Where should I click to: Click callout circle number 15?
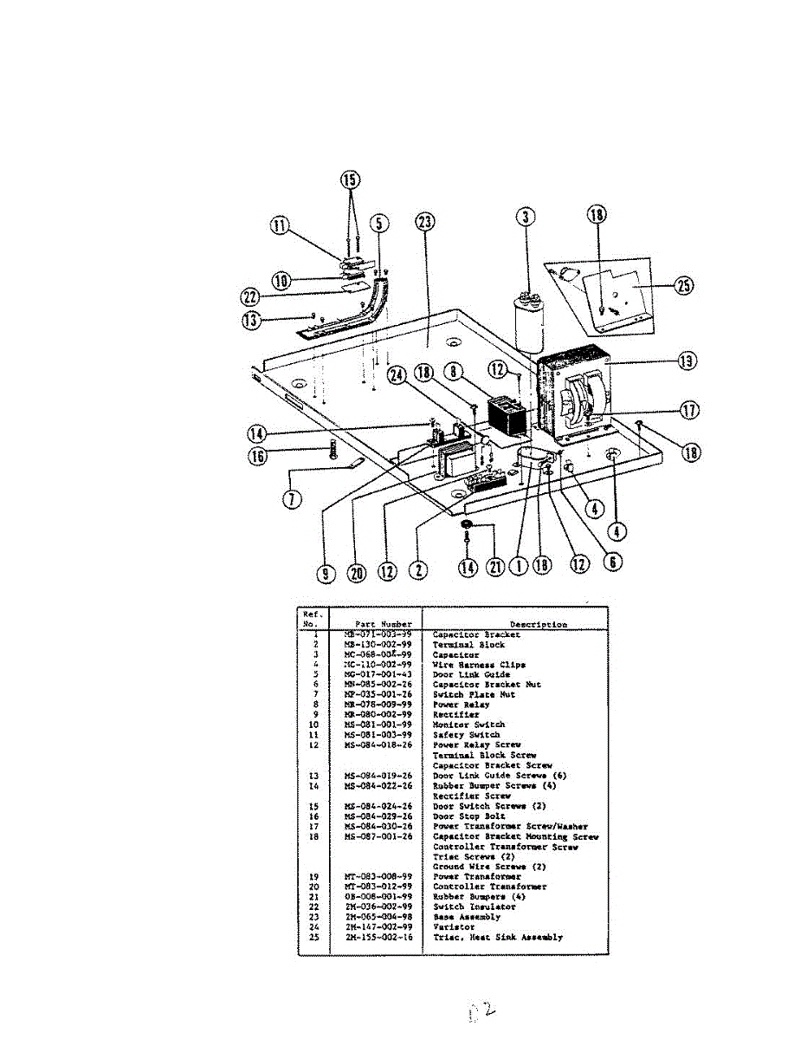350,181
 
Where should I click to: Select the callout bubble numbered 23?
424,221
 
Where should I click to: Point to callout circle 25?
684,286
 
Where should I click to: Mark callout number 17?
690,410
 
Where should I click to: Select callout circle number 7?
294,501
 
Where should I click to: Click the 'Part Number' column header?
384,624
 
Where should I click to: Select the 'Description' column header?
539,624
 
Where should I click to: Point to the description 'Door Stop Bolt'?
468,816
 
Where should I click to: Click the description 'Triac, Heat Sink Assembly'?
497,937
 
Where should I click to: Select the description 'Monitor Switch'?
468,725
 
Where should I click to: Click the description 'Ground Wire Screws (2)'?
489,867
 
